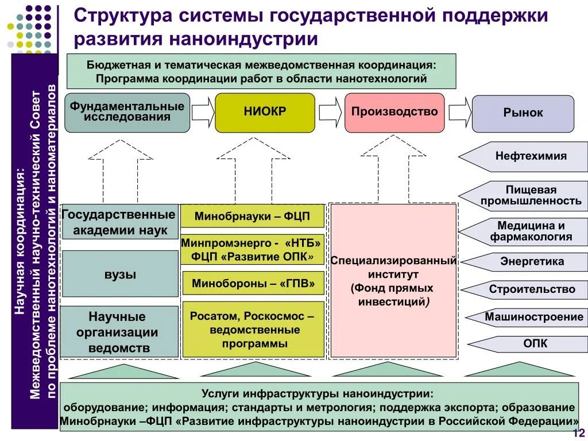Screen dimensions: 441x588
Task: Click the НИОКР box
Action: tap(265, 113)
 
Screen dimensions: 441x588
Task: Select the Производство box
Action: tap(394, 113)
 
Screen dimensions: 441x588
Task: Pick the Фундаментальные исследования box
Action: tap(127, 113)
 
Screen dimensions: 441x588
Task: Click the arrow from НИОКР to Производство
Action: tap(330, 113)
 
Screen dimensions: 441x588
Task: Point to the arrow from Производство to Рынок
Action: tap(459, 113)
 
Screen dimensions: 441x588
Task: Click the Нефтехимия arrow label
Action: tap(530, 156)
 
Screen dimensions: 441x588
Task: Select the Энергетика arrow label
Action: tap(531, 262)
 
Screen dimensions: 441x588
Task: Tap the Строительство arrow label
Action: tap(531, 289)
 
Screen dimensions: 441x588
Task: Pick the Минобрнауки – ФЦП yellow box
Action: tap(253, 216)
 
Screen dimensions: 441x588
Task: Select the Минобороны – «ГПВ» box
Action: tap(253, 283)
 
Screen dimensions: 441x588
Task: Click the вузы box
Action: tap(120, 274)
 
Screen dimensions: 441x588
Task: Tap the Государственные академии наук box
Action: tap(119, 222)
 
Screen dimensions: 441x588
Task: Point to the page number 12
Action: tap(578, 433)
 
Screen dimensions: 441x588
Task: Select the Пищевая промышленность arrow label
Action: tap(530, 195)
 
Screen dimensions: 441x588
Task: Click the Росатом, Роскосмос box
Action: tap(253, 330)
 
